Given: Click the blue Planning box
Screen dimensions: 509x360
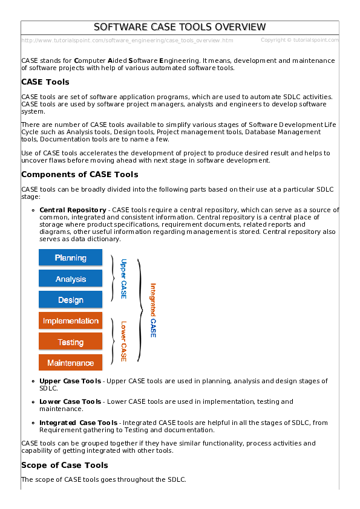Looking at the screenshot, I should (70, 258).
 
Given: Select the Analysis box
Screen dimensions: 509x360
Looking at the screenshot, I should (70, 279).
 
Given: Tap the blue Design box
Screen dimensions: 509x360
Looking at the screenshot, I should (70, 300).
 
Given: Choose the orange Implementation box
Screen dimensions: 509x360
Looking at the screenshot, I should (70, 321).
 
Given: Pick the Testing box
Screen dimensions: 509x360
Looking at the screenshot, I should (70, 342).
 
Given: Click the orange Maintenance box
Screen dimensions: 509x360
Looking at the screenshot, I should (70, 363).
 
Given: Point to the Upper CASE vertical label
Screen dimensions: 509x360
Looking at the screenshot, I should (123, 279).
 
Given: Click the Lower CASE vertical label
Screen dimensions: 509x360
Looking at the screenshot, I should (123, 341).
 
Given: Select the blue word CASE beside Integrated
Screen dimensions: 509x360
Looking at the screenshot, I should (153, 327).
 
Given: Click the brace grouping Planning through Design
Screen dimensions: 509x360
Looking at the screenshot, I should (113, 278).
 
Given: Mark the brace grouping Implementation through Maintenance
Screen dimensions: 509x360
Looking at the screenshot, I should (113, 341).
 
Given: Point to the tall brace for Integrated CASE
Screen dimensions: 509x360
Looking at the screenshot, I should (141, 310).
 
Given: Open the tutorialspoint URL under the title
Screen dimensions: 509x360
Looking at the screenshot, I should (127, 41).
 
